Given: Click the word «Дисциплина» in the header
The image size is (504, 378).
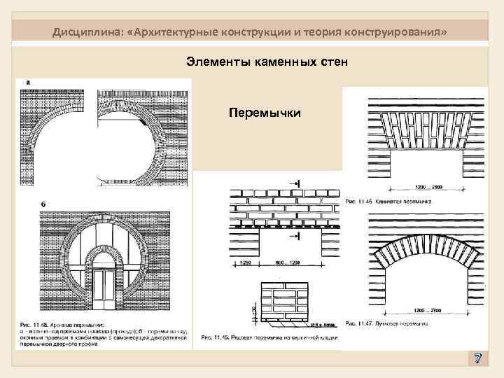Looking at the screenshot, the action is [x=83, y=34].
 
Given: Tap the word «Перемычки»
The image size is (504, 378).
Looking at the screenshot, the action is [x=265, y=112].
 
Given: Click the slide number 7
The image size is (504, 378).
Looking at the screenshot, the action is [x=477, y=359].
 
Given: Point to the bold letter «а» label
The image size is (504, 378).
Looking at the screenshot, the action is [x=27, y=83].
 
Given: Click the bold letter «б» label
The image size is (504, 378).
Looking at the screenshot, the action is [x=43, y=204].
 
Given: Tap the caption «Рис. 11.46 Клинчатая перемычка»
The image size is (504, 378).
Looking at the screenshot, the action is [x=388, y=201].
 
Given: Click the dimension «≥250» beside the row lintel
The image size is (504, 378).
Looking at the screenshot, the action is [x=246, y=262].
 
